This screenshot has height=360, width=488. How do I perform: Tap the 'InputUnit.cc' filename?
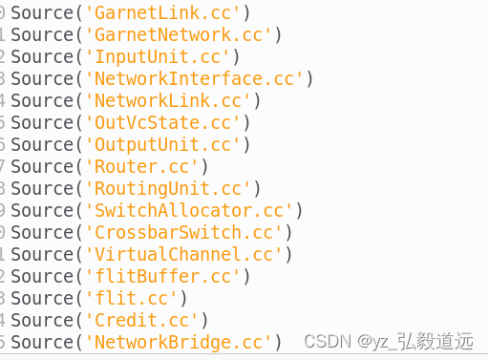158,56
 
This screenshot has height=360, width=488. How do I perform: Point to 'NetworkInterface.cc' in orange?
194,78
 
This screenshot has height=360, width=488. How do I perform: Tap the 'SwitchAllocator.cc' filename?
188,210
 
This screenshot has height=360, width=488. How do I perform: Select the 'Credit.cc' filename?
141,320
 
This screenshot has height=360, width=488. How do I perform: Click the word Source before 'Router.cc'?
42,166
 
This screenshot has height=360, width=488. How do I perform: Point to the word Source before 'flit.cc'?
42,298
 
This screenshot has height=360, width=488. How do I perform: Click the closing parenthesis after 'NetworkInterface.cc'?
309,78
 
